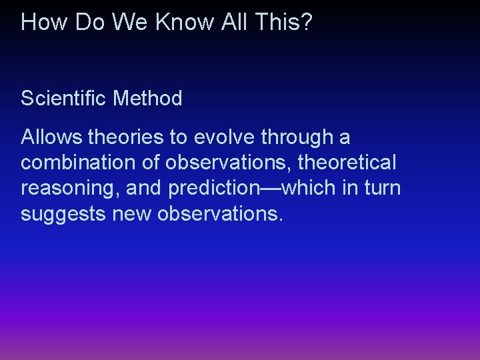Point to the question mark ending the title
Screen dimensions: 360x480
coord(307,22)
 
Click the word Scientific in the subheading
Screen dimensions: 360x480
coord(64,99)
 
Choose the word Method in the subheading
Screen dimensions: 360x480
coord(147,99)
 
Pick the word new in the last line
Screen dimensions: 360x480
coord(137,214)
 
